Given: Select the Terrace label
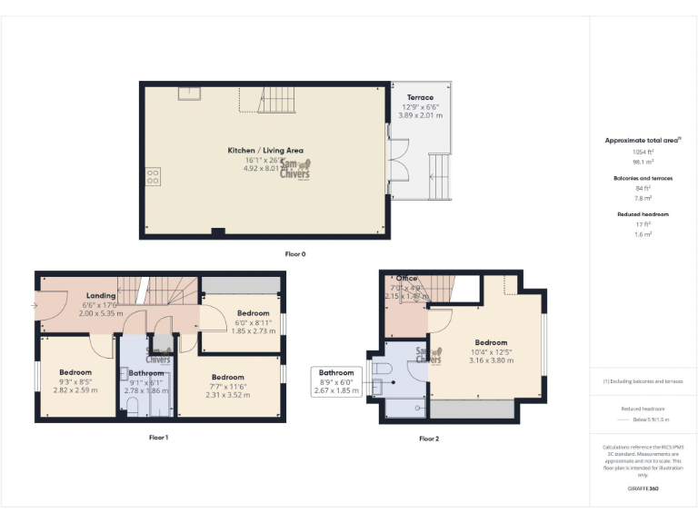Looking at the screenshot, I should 420,97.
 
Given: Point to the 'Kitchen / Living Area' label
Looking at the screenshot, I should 265,150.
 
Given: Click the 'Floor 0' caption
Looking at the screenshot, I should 295,254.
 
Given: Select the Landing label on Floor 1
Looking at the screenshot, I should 101,296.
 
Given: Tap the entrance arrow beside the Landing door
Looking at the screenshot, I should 35,305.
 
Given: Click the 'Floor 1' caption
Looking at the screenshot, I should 159,438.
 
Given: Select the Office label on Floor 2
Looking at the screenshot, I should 405,279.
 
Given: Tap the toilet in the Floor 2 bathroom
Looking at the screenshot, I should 383,370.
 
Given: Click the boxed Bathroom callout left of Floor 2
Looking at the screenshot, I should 336,381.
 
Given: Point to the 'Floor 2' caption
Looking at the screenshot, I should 429,439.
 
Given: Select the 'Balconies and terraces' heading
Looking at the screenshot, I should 643,178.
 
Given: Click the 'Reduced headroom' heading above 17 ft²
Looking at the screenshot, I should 643,214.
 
